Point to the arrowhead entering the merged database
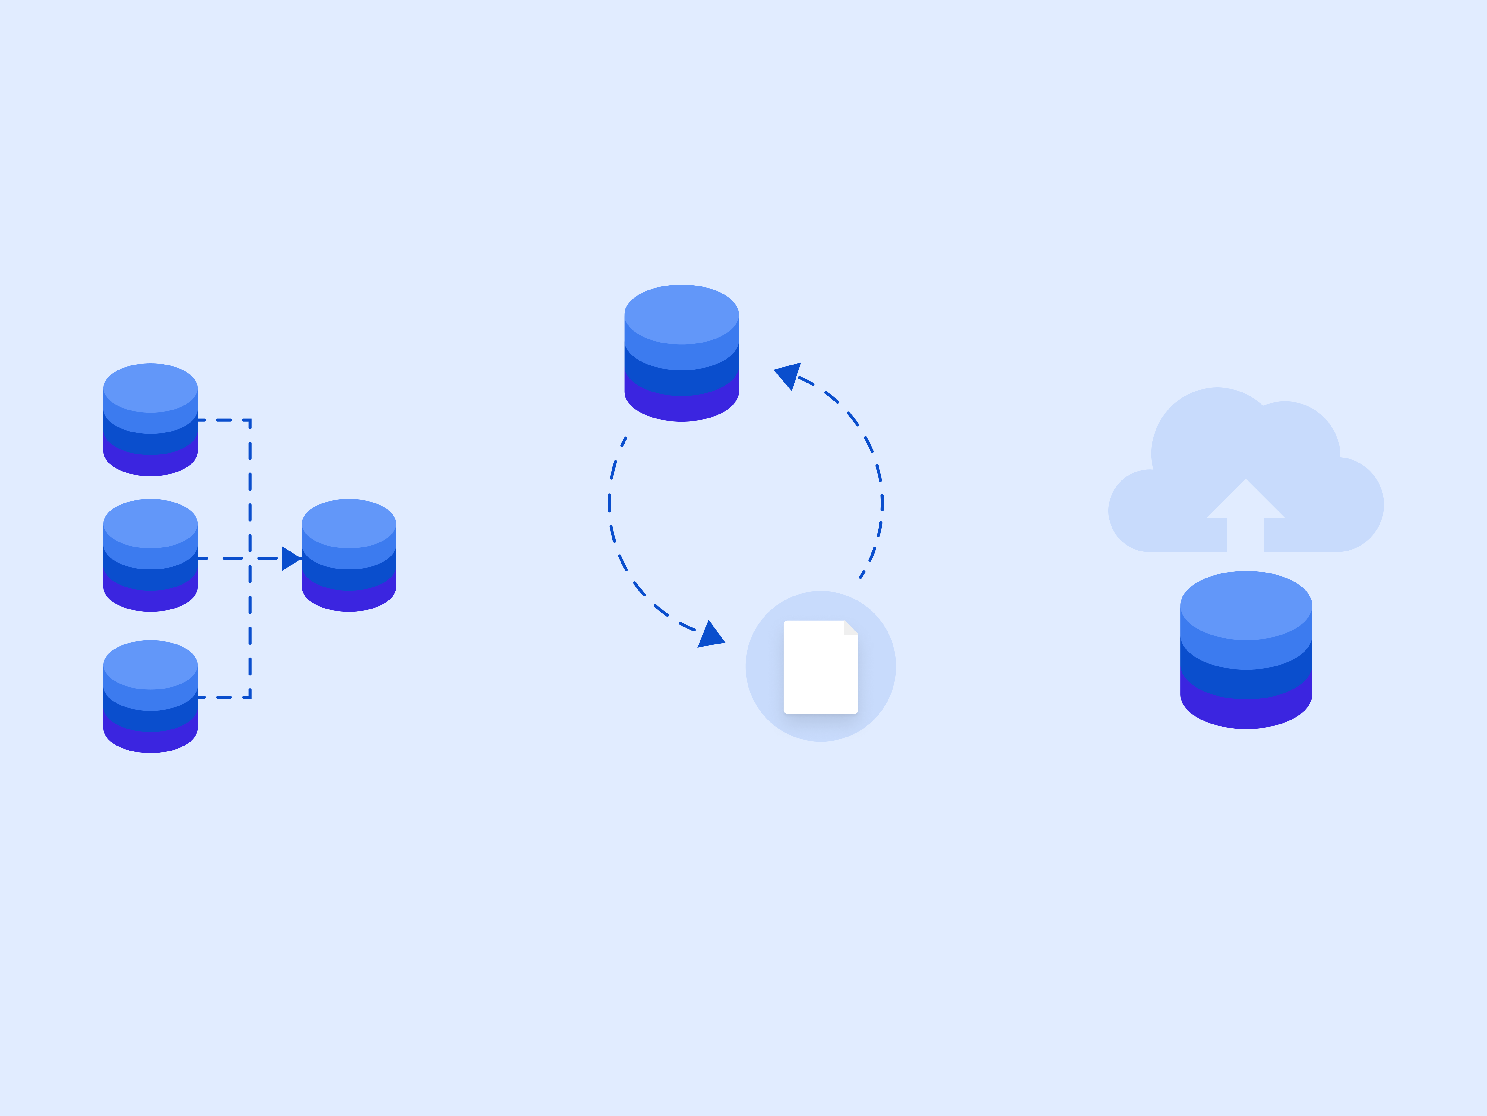tap(290, 558)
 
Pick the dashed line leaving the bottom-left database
tap(224, 697)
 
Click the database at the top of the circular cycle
tap(681, 353)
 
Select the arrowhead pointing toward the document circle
tap(710, 636)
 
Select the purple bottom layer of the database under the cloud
tap(1246, 713)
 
